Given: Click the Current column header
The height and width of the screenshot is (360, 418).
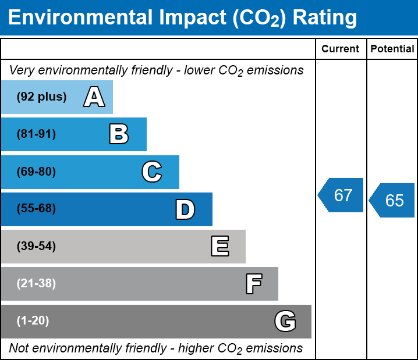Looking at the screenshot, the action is (x=340, y=49).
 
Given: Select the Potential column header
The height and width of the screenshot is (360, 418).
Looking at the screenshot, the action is (x=392, y=49).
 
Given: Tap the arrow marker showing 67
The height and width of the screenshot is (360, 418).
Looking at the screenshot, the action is (x=341, y=195).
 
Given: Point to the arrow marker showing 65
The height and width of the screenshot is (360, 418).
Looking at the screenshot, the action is (x=392, y=200).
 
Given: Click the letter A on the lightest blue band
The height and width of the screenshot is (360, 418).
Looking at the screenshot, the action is (x=94, y=97).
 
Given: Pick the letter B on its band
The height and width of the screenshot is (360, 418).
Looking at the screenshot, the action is (x=119, y=134).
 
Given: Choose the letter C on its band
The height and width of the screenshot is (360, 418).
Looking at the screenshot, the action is (x=152, y=172).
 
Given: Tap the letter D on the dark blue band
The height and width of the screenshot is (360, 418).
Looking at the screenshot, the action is (x=185, y=209).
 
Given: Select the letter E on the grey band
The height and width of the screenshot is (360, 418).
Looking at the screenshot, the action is (x=220, y=246).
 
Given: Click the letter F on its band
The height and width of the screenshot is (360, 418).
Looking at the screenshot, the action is (x=254, y=284).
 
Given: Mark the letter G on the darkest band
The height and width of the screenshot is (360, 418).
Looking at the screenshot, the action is (x=285, y=321).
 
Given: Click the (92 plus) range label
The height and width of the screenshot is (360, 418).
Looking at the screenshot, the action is (x=41, y=97).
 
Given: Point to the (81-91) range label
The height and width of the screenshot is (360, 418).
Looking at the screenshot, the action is (x=36, y=134).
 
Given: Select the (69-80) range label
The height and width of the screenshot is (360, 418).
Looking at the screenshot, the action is (x=36, y=172).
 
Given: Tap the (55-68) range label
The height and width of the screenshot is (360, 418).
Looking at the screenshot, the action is (x=36, y=208).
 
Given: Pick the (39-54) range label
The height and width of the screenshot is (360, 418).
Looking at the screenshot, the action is (x=36, y=246).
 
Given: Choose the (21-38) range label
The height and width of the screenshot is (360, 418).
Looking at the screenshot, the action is (x=36, y=283).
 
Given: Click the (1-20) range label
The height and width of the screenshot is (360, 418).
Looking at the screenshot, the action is (x=33, y=320).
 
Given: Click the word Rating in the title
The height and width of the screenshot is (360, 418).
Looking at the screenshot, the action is (x=325, y=18).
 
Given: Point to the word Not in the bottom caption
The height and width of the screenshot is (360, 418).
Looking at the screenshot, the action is (x=19, y=348).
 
